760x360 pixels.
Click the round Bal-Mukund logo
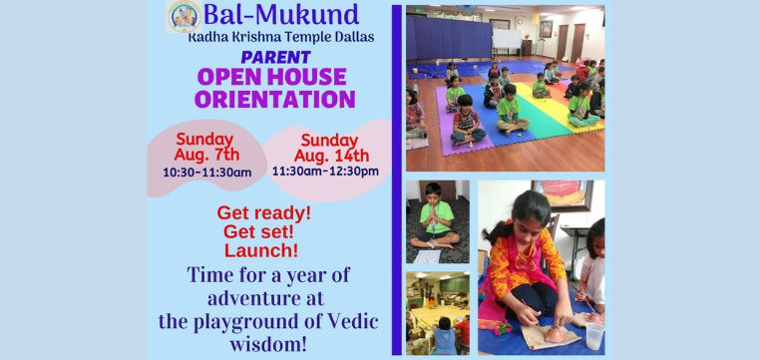click(x=183, y=17)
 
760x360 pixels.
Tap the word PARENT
click(x=274, y=56)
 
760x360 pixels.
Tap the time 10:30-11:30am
click(x=206, y=173)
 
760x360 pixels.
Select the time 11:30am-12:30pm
click(x=325, y=172)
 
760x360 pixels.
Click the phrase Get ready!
click(x=263, y=212)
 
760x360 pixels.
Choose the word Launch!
click(x=261, y=250)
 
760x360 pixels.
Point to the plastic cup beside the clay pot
click(x=594, y=335)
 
